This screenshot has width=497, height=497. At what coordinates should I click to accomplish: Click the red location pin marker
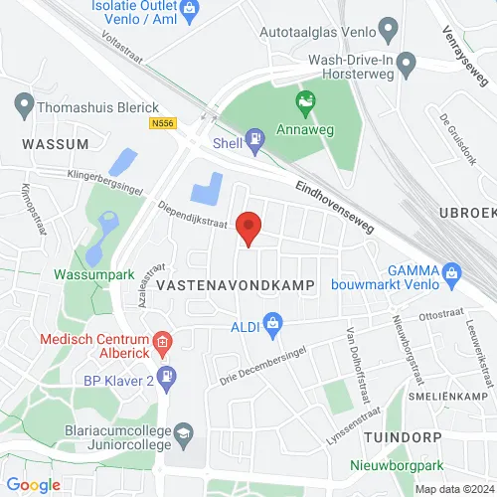tap(247, 228)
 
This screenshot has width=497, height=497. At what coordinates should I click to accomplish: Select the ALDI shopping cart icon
tap(275, 323)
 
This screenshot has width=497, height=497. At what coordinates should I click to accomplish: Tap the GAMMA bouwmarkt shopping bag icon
tap(452, 272)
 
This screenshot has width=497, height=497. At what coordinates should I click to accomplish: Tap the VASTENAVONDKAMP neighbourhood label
tap(236, 285)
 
